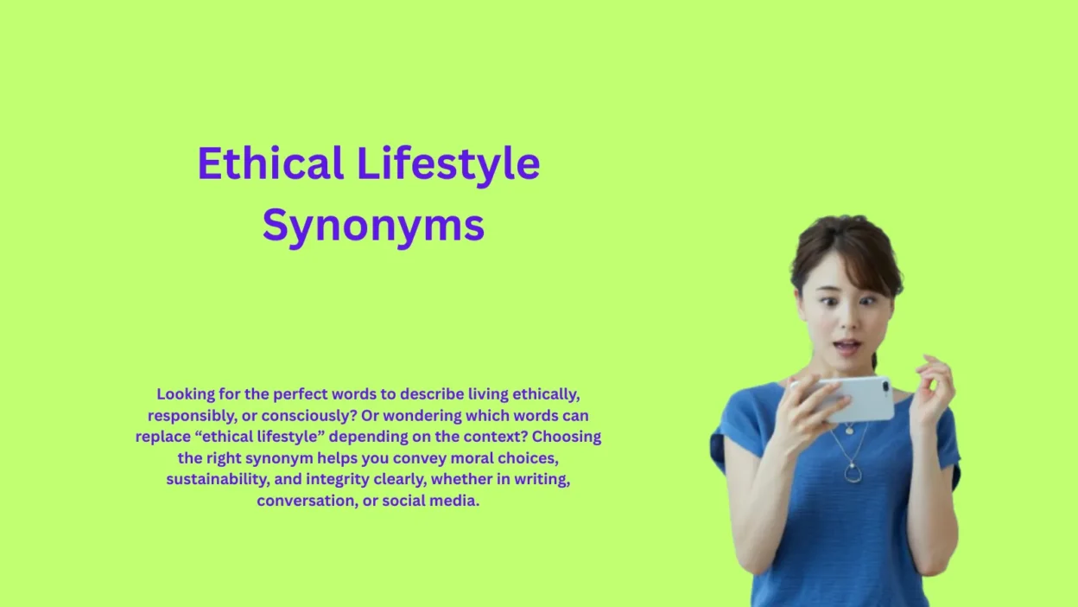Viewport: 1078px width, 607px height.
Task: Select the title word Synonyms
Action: pyautogui.click(x=373, y=227)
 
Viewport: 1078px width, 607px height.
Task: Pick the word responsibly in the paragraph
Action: pyautogui.click(x=189, y=416)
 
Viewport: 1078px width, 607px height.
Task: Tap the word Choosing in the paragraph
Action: pyautogui.click(x=567, y=437)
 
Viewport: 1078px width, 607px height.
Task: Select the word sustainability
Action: pyautogui.click(x=216, y=479)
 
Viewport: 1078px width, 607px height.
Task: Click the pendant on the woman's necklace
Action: pyautogui.click(x=852, y=471)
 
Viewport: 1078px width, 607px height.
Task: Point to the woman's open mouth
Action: pyautogui.click(x=847, y=347)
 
